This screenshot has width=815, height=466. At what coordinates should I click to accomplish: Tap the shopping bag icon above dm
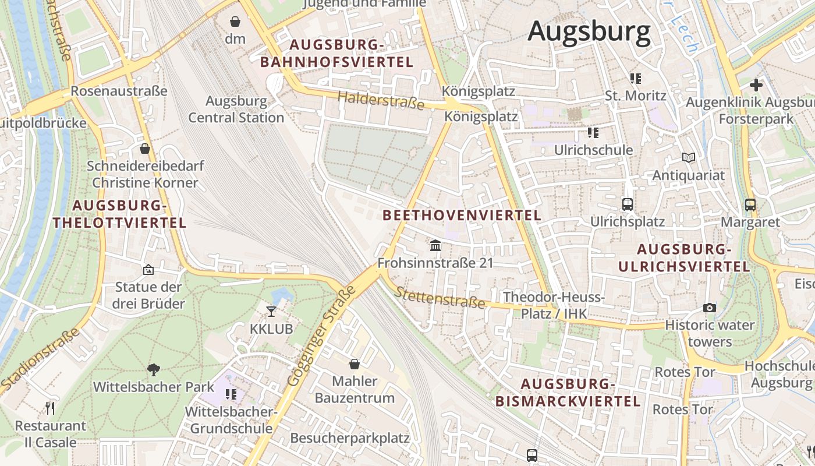pos(235,22)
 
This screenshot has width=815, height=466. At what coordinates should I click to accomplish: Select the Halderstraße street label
pos(381,100)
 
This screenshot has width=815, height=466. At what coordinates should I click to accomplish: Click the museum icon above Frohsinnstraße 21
pos(435,245)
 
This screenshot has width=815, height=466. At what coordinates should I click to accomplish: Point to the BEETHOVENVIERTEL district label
pos(462,215)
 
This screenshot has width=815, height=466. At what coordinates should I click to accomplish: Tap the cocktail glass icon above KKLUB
pos(271,311)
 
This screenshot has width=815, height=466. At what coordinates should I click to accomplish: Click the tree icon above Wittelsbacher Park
pos(154,369)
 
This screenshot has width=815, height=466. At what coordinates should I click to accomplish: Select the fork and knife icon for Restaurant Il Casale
pos(50,408)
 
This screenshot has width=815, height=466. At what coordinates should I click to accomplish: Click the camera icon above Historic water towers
pos(709,307)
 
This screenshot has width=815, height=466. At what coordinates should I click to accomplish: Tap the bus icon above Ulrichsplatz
pos(627,204)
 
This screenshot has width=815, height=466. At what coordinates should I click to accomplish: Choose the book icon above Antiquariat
pos(689,157)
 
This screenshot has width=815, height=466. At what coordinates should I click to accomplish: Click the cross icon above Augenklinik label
pos(756,85)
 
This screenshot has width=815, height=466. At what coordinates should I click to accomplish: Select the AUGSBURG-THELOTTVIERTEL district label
pos(119,214)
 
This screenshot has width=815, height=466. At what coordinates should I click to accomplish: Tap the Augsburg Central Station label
pos(236,109)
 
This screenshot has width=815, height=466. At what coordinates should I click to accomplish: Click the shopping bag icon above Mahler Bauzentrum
pos(354,364)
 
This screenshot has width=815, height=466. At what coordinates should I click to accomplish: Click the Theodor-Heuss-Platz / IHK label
pos(554,305)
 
